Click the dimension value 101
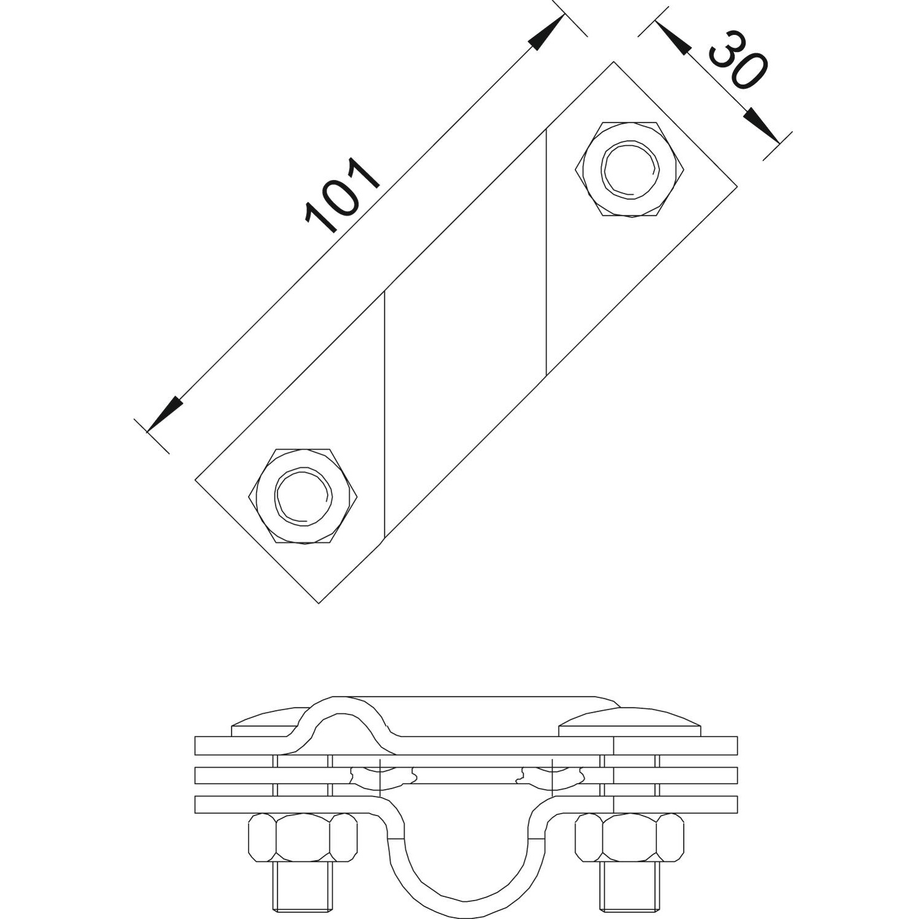343,196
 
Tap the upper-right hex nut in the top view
630,169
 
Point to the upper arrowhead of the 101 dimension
547,32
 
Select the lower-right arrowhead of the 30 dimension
762,127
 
